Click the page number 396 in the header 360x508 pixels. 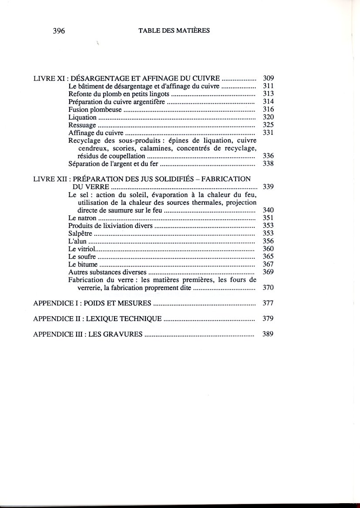coord(59,31)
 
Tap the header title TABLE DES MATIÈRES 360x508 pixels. coord(174,31)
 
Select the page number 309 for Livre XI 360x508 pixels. coord(268,78)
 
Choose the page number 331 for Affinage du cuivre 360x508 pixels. coord(268,133)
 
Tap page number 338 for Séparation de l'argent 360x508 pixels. coord(268,164)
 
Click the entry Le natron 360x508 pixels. coord(83,217)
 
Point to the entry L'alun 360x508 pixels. coord(78,241)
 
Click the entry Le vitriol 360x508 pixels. coord(82,249)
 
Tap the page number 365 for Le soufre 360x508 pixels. coord(268,257)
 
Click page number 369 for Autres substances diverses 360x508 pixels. coord(268,272)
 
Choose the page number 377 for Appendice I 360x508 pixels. coord(268,303)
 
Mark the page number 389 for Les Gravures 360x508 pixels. coord(268,335)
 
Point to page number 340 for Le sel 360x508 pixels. coord(268,210)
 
